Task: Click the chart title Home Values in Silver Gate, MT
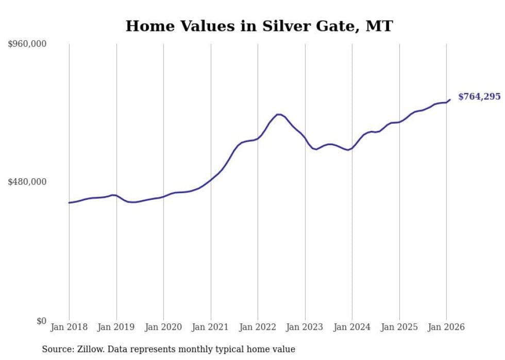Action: tap(259, 26)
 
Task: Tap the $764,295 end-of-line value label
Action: tap(479, 97)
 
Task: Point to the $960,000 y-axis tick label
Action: tap(27, 44)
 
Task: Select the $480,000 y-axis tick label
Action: tap(27, 182)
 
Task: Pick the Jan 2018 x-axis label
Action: tap(69, 328)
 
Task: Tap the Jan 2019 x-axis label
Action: tap(116, 328)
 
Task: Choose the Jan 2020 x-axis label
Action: tap(163, 328)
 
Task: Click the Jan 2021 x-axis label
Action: tap(211, 328)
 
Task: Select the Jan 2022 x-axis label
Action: tap(258, 328)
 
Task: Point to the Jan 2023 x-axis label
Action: tap(305, 328)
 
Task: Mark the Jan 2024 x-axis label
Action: tap(352, 328)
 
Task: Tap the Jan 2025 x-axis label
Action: tap(399, 328)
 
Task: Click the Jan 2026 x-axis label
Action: tap(446, 328)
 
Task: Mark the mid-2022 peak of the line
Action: tap(279, 114)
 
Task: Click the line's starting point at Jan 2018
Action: tap(69, 202)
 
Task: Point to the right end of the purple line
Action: tap(450, 99)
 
